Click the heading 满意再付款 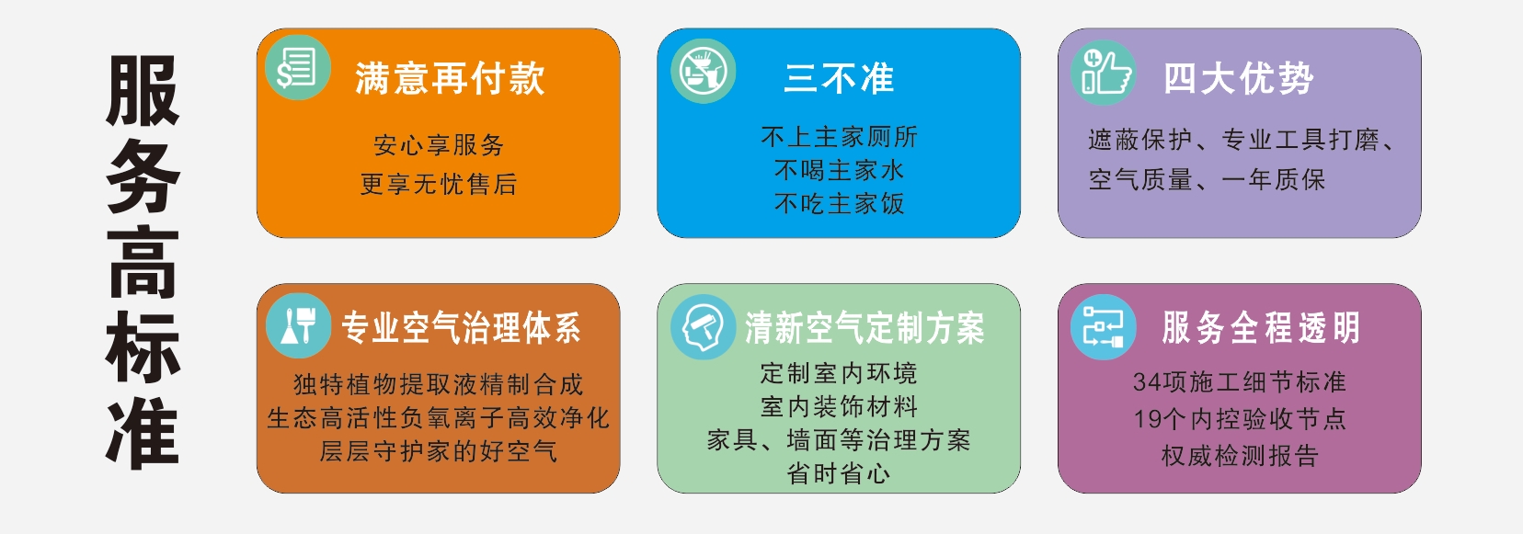point(450,78)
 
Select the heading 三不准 point(839,78)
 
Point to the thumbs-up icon point(1104,73)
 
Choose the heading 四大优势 point(1238,78)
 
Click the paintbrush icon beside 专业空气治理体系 point(299,326)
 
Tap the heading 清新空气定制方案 point(865,328)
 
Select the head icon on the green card point(703,327)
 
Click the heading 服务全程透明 point(1260,327)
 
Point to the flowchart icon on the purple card point(1103,327)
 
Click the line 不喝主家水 point(839,170)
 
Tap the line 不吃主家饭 point(839,203)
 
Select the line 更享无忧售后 point(439,184)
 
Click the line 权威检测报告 point(1240,455)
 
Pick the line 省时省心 point(839,473)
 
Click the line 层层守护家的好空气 point(439,450)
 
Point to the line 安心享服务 point(439,144)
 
